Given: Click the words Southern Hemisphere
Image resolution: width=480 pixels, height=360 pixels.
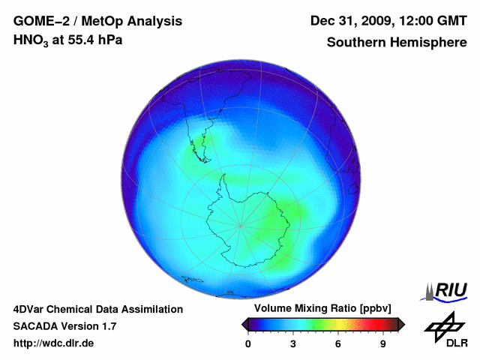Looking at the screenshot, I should click(396, 42).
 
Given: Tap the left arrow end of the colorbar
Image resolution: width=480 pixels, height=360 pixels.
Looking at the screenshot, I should click(244, 324).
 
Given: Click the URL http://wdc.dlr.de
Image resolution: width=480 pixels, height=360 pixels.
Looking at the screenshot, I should click(54, 343).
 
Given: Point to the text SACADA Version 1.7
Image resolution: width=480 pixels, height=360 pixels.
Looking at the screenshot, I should click(64, 326).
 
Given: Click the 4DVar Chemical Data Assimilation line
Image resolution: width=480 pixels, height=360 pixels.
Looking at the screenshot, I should click(97, 309).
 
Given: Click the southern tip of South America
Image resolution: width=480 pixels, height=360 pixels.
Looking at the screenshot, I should click(204, 159).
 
